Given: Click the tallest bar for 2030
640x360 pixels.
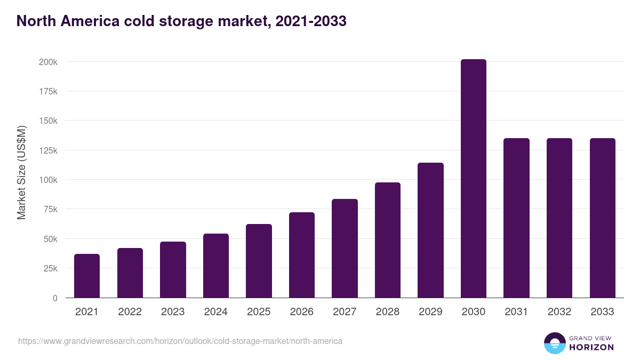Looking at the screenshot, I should pyautogui.click(x=473, y=179).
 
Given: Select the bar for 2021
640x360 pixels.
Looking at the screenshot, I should pyautogui.click(x=87, y=276).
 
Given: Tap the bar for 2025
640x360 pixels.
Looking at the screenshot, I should pyautogui.click(x=259, y=261).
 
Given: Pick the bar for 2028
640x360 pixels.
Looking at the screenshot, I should pyautogui.click(x=388, y=240).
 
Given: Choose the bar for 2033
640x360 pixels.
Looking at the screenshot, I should pyautogui.click(x=602, y=218).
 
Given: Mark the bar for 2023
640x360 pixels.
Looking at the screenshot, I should pyautogui.click(x=173, y=269).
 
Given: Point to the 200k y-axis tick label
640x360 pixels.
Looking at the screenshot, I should pyautogui.click(x=48, y=62).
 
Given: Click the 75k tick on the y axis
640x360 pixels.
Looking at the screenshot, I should pyautogui.click(x=50, y=209).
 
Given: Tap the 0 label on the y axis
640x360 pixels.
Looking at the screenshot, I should pyautogui.click(x=55, y=298).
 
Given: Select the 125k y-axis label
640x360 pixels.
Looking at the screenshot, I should pyautogui.click(x=48, y=150).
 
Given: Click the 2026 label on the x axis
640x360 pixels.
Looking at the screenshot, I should pyautogui.click(x=302, y=312).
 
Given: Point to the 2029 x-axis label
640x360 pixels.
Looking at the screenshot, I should pyautogui.click(x=430, y=312).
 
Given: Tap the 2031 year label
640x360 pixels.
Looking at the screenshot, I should pyautogui.click(x=516, y=312).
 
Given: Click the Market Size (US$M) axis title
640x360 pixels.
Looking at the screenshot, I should pyautogui.click(x=21, y=172).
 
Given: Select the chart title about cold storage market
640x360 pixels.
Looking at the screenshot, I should pyautogui.click(x=181, y=21).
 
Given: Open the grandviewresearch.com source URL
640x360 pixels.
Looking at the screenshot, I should pyautogui.click(x=180, y=341).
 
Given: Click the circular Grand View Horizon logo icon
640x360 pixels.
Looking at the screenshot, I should pyautogui.click(x=554, y=343).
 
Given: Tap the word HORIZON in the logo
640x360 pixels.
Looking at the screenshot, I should pyautogui.click(x=591, y=347).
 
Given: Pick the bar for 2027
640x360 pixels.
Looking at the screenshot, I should pyautogui.click(x=345, y=248).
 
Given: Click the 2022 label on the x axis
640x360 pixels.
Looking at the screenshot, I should pyautogui.click(x=130, y=312).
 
